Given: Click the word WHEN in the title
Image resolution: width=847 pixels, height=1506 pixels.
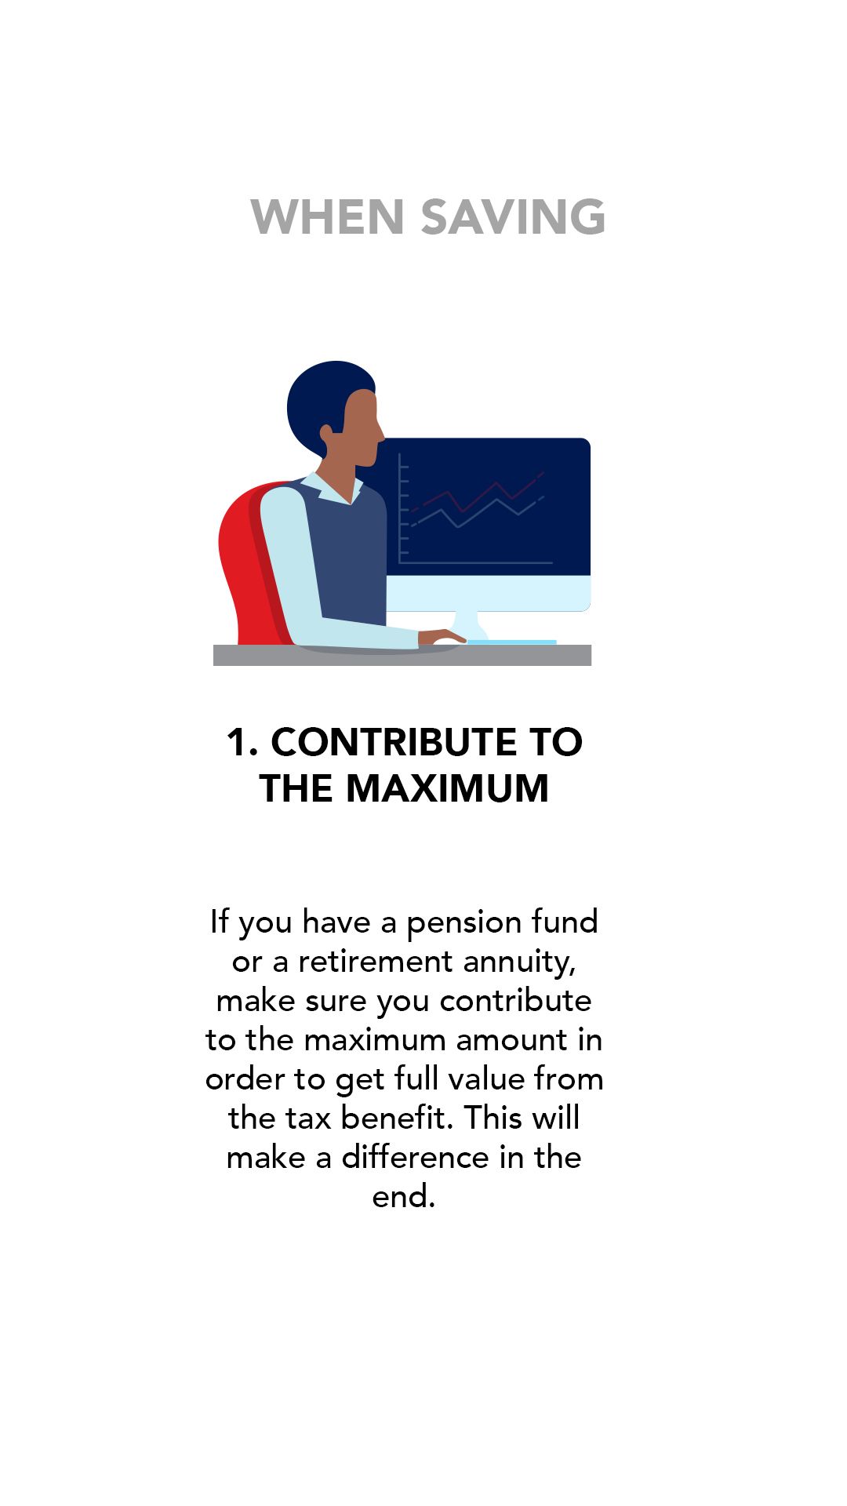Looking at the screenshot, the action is tap(327, 216).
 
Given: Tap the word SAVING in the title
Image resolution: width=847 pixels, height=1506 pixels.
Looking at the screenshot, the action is tap(514, 216).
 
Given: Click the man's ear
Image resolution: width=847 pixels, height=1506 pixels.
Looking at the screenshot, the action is tap(326, 432).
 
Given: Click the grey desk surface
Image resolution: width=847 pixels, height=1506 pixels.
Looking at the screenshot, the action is tap(402, 655).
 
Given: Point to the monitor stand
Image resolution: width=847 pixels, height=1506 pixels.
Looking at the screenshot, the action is tap(471, 626).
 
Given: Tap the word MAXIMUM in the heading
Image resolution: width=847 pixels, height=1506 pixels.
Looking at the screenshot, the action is tap(447, 788).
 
